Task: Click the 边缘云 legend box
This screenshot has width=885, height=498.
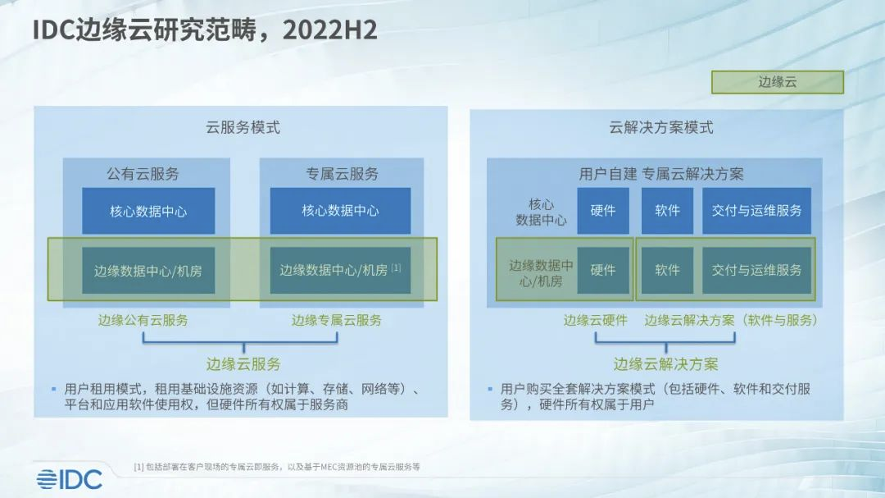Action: (777, 82)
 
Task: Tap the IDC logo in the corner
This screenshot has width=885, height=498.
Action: (69, 479)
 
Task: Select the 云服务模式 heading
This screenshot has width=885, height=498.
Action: (243, 127)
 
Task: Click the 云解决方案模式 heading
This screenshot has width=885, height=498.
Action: (660, 127)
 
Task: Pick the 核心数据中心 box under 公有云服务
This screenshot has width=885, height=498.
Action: (148, 211)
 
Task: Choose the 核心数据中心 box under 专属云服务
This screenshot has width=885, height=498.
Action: (340, 211)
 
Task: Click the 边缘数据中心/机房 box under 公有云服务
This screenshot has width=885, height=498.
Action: (148, 270)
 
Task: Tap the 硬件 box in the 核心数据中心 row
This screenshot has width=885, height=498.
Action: (603, 211)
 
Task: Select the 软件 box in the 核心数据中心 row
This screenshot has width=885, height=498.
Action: (667, 211)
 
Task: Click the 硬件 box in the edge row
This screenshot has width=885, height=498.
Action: (603, 270)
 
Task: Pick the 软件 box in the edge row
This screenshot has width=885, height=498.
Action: (667, 270)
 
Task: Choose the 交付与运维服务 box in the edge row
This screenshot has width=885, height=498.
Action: (756, 270)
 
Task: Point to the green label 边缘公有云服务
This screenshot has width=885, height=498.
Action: (143, 320)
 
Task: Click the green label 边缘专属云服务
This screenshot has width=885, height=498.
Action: (336, 320)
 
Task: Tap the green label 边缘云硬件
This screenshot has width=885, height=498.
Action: (595, 320)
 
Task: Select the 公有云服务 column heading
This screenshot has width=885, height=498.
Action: (143, 174)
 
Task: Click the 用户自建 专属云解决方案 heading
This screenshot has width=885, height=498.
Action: (660, 174)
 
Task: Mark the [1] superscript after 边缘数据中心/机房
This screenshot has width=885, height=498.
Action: (397, 267)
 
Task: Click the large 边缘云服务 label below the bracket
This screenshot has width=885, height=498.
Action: (243, 363)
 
